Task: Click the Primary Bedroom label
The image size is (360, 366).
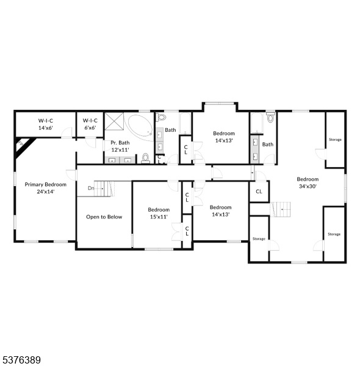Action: pyautogui.click(x=46, y=184)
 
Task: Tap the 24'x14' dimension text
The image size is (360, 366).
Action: pyautogui.click(x=46, y=192)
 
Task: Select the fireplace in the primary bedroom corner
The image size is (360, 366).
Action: pyautogui.click(x=24, y=146)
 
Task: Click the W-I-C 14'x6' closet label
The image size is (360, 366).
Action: pyautogui.click(x=46, y=124)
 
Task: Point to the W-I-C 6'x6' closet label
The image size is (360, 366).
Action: pyautogui.click(x=90, y=124)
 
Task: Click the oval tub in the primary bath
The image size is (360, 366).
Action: pyautogui.click(x=139, y=127)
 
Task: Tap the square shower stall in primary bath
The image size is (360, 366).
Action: pyautogui.click(x=114, y=121)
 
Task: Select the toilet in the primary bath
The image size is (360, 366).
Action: pyautogui.click(x=145, y=158)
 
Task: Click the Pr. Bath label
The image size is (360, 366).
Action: pyautogui.click(x=120, y=143)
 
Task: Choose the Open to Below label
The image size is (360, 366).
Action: pyautogui.click(x=104, y=217)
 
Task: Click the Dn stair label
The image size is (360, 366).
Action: pyautogui.click(x=91, y=188)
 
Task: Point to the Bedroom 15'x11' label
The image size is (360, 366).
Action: pyautogui.click(x=159, y=213)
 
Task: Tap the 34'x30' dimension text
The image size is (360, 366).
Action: pyautogui.click(x=308, y=186)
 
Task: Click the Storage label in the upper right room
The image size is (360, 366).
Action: pyautogui.click(x=335, y=140)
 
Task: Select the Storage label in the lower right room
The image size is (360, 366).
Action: pyautogui.click(x=334, y=234)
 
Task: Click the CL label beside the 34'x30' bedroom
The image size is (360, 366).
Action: pyautogui.click(x=259, y=192)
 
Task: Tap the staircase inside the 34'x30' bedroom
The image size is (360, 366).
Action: pyautogui.click(x=281, y=209)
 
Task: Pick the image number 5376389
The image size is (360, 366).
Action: pyautogui.click(x=20, y=360)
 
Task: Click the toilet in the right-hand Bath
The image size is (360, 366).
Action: pyautogui.click(x=270, y=118)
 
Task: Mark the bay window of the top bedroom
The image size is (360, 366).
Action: pyautogui.click(x=220, y=104)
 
